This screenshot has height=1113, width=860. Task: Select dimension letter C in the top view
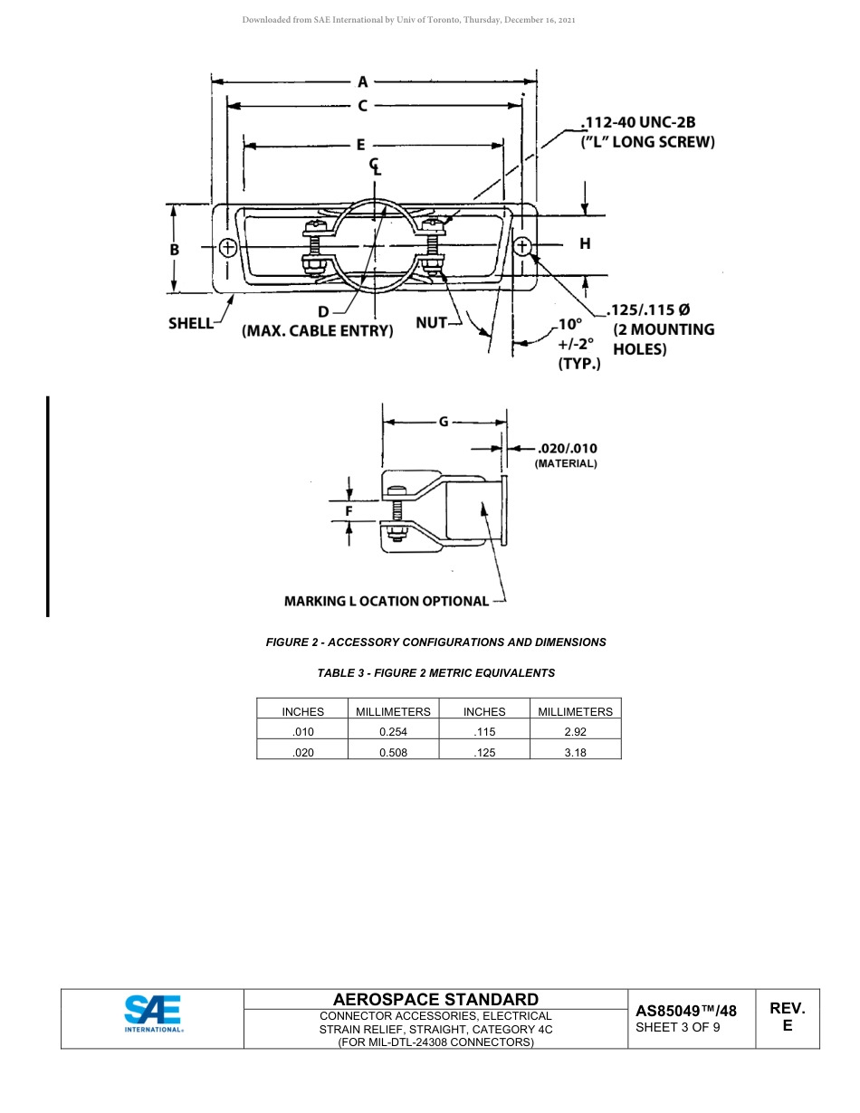(363, 106)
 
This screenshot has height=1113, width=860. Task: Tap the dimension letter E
(360, 145)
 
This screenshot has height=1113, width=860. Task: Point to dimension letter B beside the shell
(175, 250)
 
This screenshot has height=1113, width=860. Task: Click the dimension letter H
(585, 243)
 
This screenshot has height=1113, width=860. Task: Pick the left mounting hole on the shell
(227, 247)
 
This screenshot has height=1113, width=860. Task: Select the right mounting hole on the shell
(522, 246)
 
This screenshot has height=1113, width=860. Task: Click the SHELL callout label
(190, 323)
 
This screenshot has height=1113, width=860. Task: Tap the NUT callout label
(431, 322)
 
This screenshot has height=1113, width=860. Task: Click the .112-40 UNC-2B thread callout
(638, 122)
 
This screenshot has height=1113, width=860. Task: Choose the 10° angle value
(570, 324)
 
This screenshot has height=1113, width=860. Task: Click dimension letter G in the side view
(444, 422)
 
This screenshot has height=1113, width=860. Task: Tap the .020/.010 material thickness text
(567, 448)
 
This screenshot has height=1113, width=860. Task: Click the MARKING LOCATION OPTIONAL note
(387, 601)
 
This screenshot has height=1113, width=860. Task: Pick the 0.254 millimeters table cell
(393, 732)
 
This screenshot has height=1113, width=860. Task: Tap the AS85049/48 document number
(686, 1011)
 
